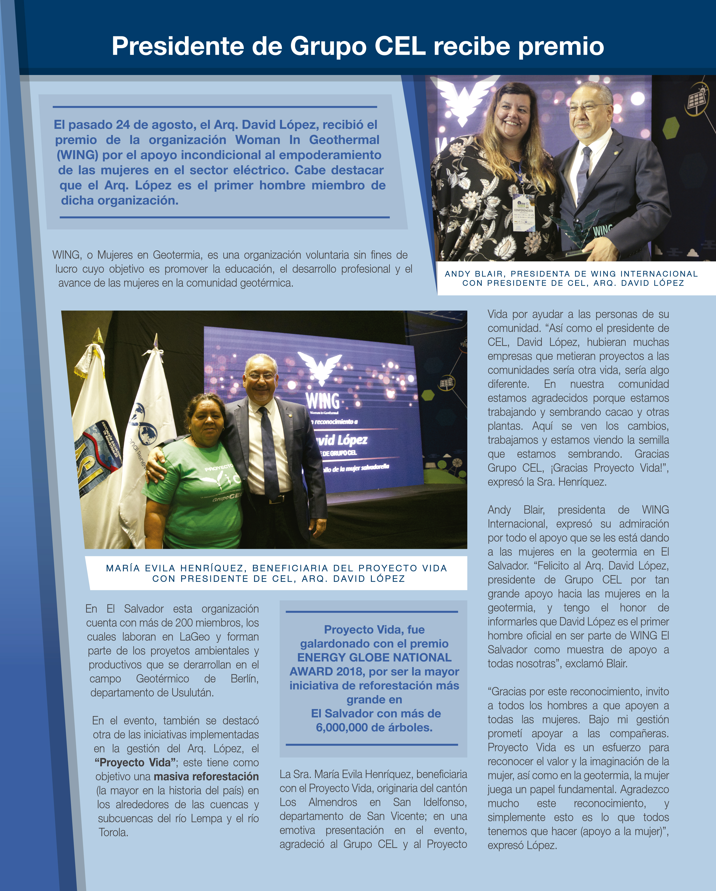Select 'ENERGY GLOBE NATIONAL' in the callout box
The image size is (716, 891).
[374, 658]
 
